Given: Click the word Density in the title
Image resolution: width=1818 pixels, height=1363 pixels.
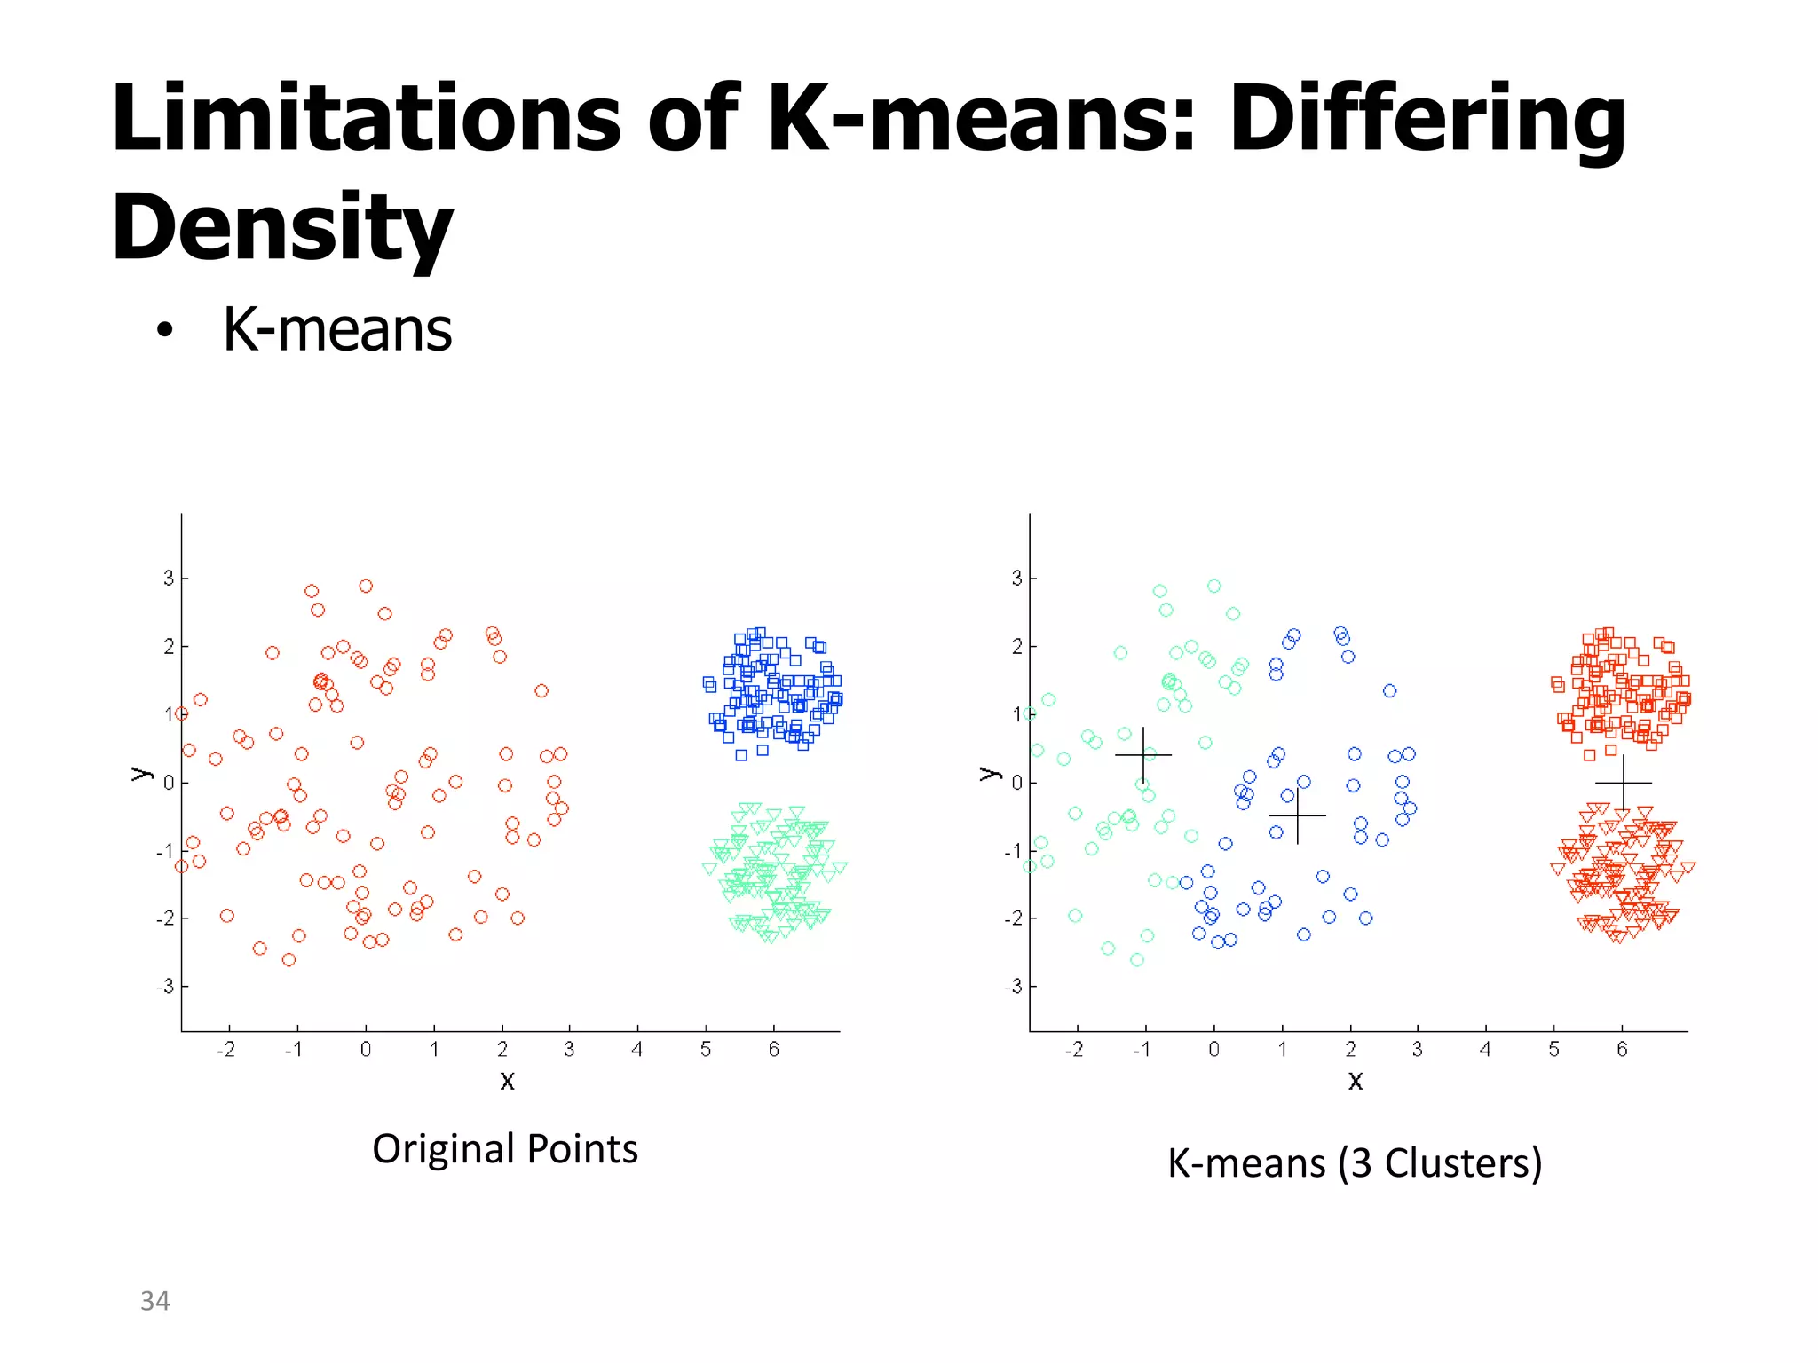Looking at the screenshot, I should [x=281, y=228].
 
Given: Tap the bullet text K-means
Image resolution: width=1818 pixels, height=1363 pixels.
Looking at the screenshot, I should [x=336, y=330].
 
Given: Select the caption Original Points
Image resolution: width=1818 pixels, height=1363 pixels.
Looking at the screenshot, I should [x=504, y=1148].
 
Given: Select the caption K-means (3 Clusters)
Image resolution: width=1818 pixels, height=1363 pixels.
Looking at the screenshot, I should [x=1354, y=1162].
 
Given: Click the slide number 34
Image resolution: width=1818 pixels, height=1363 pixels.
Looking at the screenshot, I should [x=154, y=1301].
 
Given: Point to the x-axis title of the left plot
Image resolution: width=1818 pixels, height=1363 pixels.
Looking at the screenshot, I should [x=507, y=1080].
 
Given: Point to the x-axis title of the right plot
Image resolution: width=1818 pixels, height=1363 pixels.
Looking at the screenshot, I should [x=1355, y=1080].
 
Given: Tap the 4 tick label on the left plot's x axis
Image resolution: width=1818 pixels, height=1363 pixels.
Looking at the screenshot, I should [x=636, y=1050].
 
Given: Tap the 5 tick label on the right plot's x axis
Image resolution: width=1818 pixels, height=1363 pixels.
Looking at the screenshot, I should [x=1553, y=1050].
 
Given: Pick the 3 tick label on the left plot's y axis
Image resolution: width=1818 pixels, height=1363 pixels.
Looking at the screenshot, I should [x=169, y=579].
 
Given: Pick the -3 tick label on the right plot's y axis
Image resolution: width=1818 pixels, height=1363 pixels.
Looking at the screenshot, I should [x=1014, y=987].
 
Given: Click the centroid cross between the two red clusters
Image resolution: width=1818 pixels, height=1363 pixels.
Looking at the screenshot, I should [x=1624, y=783].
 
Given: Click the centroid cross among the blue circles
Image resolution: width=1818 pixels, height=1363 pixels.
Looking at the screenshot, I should [x=1297, y=815].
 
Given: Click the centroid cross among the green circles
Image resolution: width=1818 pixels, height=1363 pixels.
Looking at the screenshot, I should [x=1143, y=755].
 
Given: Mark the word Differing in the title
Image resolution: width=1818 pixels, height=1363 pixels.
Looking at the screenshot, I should [x=1427, y=119].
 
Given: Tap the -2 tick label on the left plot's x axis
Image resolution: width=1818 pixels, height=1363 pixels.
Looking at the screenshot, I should [x=226, y=1050].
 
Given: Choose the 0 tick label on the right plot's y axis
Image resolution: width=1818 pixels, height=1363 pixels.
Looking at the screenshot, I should [x=1017, y=783].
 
